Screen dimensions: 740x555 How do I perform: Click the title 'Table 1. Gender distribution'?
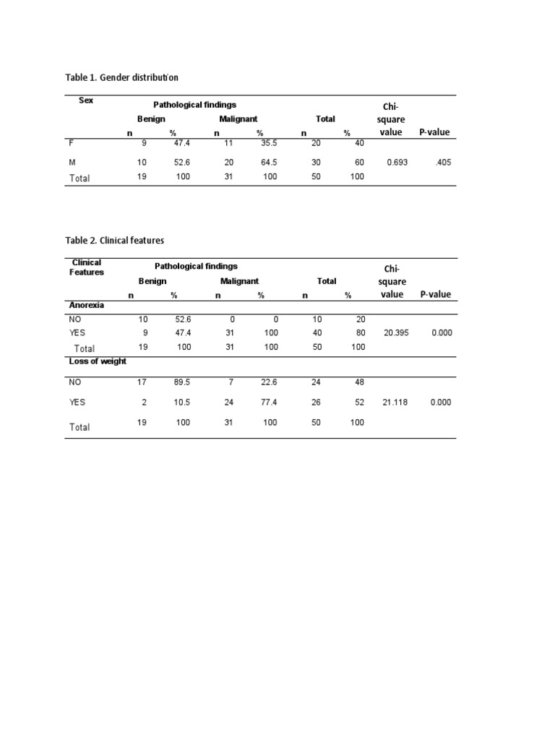coord(121,77)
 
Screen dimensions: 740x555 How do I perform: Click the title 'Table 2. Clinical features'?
coord(116,240)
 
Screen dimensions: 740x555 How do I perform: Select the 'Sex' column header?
coord(86,100)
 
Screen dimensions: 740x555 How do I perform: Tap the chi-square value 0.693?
coord(397,163)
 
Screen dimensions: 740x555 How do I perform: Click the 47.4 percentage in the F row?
coord(181,144)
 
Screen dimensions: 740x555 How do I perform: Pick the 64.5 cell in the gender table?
coord(269,163)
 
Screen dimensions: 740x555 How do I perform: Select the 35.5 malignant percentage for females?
coord(269,144)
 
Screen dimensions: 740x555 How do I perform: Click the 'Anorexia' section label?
coord(87,306)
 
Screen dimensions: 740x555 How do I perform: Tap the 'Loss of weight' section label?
coord(98,361)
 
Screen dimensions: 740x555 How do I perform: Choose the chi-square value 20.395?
coord(395,333)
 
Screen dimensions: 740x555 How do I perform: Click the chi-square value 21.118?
coord(395,402)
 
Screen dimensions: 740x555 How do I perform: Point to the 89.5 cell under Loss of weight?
coord(181,382)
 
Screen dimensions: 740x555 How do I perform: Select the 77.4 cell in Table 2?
coord(269,402)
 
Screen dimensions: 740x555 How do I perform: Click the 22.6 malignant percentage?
coord(269,382)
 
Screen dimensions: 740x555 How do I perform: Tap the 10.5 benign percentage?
coord(181,402)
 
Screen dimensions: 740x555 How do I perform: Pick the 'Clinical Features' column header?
coord(87,267)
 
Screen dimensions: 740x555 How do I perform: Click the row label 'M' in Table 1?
coord(72,163)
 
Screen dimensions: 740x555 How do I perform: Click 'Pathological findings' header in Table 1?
coord(194,105)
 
